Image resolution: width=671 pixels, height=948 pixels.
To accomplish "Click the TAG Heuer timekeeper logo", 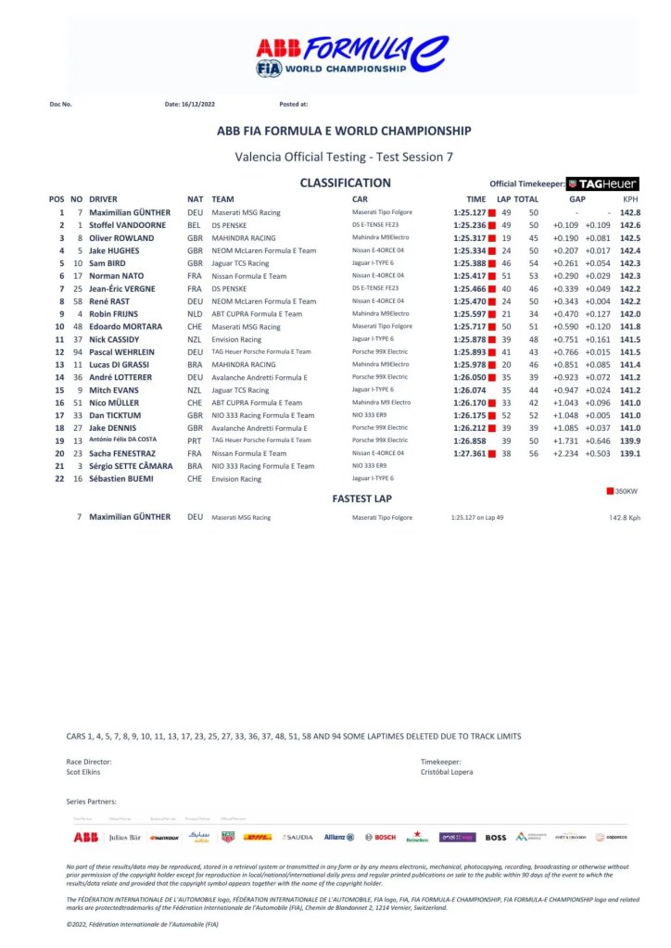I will [602, 183].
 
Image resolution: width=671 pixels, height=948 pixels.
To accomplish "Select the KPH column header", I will [630, 199].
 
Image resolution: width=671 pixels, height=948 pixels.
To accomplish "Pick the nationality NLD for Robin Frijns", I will [195, 314].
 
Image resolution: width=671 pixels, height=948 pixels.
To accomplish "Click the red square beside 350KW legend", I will [610, 491].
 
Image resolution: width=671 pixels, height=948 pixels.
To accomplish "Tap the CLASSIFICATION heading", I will [345, 183].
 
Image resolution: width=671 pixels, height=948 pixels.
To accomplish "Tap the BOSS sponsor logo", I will [496, 837].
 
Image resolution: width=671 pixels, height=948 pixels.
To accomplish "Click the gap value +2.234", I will [565, 453].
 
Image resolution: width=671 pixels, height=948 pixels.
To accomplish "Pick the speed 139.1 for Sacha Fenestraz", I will [630, 453].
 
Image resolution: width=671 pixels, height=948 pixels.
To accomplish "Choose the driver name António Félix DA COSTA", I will [130, 440].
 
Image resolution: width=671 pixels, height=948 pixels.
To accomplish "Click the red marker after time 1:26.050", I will [492, 377].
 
